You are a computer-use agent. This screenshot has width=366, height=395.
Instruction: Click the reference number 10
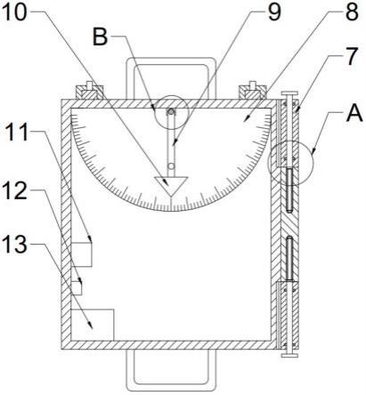coord(14,12)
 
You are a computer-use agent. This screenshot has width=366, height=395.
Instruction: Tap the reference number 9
coord(274,12)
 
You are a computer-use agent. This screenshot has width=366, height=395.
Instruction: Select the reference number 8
coord(352,12)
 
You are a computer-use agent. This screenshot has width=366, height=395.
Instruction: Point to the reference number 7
coord(352,56)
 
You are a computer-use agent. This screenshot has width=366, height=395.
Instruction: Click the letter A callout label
coord(354,114)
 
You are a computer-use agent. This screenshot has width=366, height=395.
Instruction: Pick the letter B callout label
coord(100,37)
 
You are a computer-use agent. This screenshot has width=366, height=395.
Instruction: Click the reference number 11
coord(17,133)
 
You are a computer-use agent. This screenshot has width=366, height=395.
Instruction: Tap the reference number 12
coord(15,191)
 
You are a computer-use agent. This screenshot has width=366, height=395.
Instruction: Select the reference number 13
coord(15,245)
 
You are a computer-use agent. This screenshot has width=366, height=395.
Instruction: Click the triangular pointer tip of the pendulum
coord(171,196)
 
